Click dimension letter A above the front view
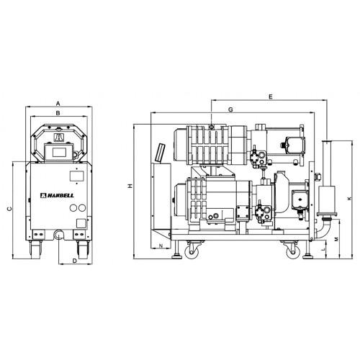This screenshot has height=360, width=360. pos(58,104)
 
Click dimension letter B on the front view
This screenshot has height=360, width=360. pos(58,113)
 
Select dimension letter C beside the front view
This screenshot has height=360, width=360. pos(9,209)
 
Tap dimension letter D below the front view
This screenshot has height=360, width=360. pos(75,261)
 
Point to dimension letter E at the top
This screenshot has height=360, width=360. pos(271,96)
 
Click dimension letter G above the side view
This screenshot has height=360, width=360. pos(230,109)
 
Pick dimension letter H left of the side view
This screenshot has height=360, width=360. pos(130,186)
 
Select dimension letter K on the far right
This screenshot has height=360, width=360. pos(349,199)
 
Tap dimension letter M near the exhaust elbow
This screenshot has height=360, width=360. pos(336,239)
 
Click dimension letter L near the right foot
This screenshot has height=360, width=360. pos(323,249)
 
